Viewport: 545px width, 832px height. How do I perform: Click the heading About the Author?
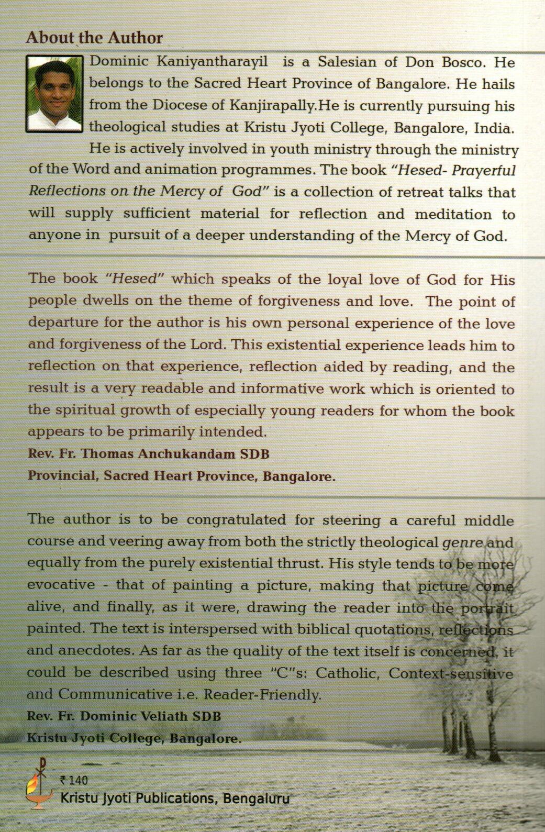click(x=94, y=38)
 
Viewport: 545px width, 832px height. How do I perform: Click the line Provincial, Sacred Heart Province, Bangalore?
click(x=181, y=476)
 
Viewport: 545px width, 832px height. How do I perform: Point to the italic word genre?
click(x=462, y=542)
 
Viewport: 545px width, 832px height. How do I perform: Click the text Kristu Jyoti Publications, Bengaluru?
click(x=175, y=798)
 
